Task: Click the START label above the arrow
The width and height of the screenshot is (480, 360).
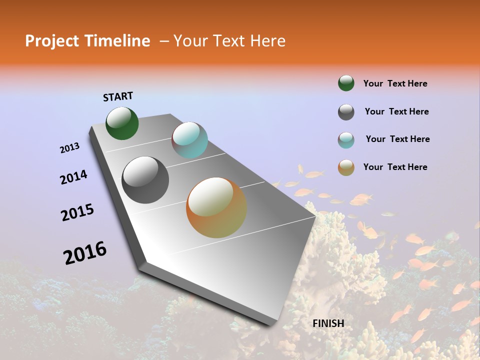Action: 118,96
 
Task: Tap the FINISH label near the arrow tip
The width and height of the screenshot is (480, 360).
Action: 328,323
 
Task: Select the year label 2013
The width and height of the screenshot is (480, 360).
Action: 70,148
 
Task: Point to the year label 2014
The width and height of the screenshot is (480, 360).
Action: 74,177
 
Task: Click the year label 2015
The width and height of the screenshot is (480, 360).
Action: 77,212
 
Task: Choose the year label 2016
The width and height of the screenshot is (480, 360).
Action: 85,252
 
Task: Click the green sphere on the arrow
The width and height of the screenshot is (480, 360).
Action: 122,123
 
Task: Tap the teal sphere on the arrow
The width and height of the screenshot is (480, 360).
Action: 189,140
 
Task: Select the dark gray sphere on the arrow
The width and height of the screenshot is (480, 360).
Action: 145,180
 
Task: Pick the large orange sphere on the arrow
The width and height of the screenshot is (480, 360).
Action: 216,207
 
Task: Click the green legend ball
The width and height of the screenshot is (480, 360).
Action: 346,83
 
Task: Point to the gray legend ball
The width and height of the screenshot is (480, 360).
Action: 346,112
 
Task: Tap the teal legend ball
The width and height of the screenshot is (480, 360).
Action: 346,140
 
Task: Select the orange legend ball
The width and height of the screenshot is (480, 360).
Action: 346,167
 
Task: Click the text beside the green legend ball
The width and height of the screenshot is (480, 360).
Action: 395,83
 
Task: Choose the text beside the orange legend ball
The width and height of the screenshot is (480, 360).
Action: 395,167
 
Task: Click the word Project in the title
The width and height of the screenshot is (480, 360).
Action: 53,41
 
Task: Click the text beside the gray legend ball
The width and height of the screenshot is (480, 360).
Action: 396,111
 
